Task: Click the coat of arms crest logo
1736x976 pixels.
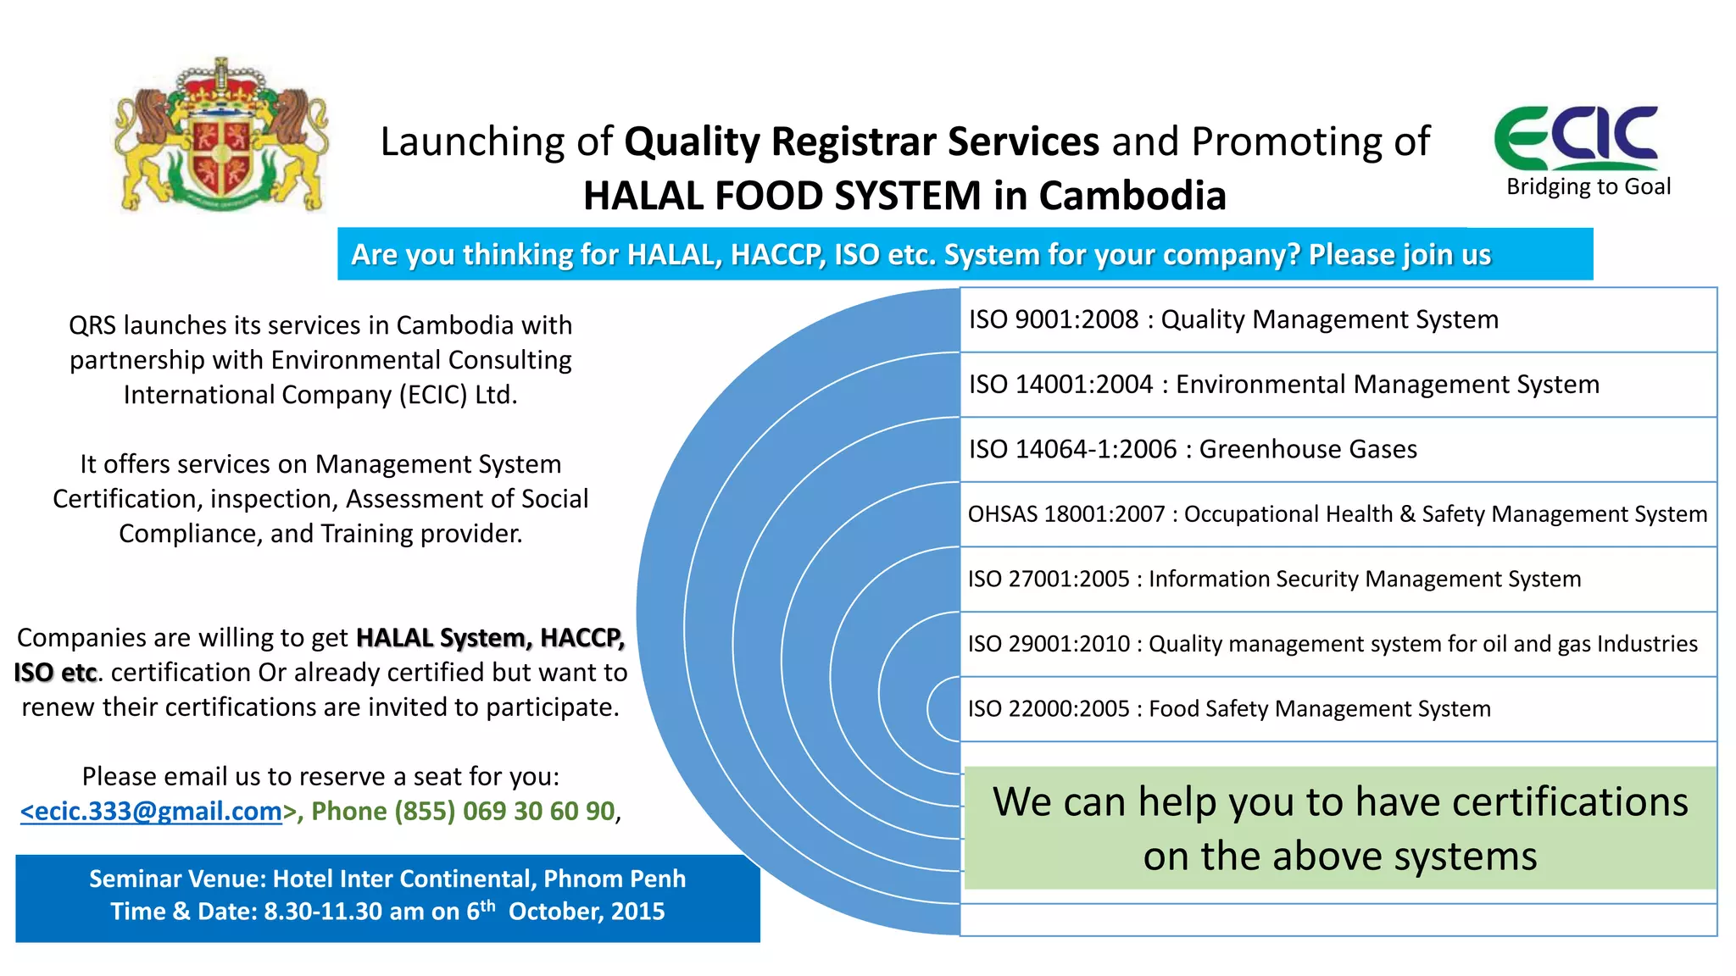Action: coord(222,136)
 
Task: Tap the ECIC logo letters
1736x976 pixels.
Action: coord(1577,137)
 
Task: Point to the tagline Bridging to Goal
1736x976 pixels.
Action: coord(1589,187)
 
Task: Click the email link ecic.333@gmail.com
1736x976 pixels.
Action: coord(152,812)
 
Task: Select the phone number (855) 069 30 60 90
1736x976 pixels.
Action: coord(504,812)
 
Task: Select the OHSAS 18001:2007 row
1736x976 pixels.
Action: coord(1337,514)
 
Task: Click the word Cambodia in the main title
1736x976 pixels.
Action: coord(1132,197)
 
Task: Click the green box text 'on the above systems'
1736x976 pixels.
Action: coord(1339,857)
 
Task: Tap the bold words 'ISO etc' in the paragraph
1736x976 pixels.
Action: coord(55,673)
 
